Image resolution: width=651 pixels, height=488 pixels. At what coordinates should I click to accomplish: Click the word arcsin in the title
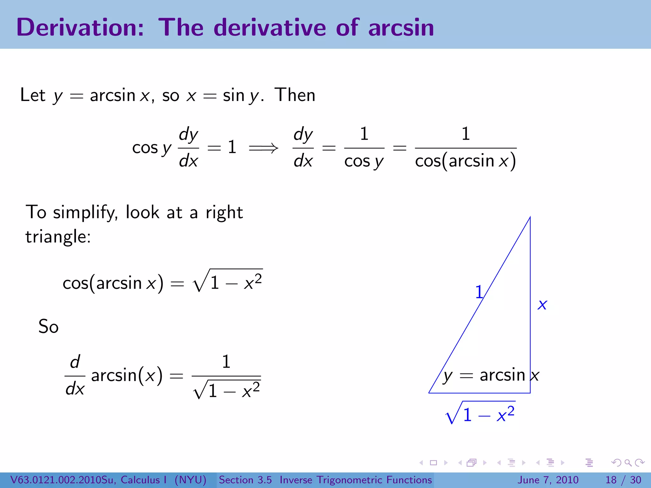401,27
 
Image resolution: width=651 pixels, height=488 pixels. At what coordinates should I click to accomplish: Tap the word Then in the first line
295,95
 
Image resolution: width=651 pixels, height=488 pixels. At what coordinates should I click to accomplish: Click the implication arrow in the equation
263,148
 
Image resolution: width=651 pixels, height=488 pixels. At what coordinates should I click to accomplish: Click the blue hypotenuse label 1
479,292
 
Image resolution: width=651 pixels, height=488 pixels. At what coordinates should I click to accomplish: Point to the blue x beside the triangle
542,305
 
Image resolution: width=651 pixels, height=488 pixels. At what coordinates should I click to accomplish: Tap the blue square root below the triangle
480,413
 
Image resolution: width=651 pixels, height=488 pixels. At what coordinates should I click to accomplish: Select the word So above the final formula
48,326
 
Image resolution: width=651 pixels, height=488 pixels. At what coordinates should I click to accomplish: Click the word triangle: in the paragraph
58,237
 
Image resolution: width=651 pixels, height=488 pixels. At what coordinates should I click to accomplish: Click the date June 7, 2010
548,480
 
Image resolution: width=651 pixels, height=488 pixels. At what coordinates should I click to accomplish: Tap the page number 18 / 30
623,480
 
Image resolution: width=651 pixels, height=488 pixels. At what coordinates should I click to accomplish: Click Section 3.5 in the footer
245,480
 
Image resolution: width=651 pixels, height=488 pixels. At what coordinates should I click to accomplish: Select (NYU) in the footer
190,480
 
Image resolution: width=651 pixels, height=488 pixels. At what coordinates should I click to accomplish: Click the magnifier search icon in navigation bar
628,463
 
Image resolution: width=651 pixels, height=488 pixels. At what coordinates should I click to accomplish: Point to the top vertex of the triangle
530,217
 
